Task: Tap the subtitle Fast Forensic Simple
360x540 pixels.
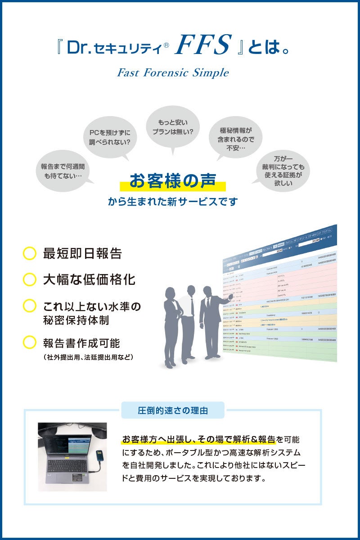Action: tap(173, 72)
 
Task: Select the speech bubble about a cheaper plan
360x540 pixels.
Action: tap(172, 128)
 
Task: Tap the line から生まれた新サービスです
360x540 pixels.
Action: tap(172, 202)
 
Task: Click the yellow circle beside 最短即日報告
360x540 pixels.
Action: tap(29, 253)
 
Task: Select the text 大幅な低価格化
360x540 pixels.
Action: tap(89, 279)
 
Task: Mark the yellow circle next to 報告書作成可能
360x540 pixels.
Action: tap(29, 343)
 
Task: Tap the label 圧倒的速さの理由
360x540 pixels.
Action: tap(173, 410)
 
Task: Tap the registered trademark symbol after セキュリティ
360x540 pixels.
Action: tap(166, 45)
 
